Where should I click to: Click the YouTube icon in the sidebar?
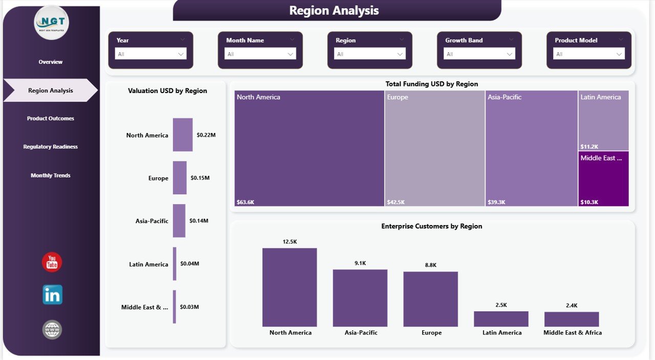pos(52,262)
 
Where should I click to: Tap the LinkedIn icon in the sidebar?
pos(52,295)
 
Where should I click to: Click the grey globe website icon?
pos(52,330)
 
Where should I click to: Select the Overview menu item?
pos(51,62)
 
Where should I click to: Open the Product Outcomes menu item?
pos(51,119)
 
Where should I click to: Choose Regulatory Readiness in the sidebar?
pos(51,147)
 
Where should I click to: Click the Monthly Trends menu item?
pos(51,175)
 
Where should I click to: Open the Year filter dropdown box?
pos(150,54)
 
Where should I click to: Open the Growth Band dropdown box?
pos(479,54)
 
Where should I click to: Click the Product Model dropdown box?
pos(588,54)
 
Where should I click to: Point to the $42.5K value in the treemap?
pos(396,202)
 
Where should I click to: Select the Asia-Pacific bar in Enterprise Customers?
pos(360,298)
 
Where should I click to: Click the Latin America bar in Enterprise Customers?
pos(501,319)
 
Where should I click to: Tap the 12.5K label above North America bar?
pos(290,241)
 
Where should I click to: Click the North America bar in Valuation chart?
pos(183,135)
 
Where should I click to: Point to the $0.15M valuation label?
pos(200,178)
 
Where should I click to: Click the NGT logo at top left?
pos(52,22)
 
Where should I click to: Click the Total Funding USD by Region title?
pos(431,84)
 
